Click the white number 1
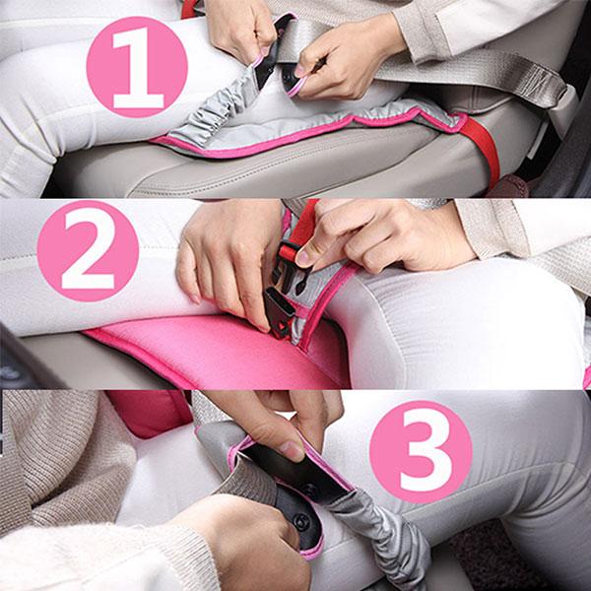pos(138,68)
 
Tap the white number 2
pos(89,252)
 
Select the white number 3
pos(421,452)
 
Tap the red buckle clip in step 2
pos(288,252)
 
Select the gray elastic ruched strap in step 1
pos(211,109)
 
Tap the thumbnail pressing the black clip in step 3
pos(291,450)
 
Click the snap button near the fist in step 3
pos(302,521)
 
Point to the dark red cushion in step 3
pos(151,413)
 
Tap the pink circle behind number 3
pos(421,452)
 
